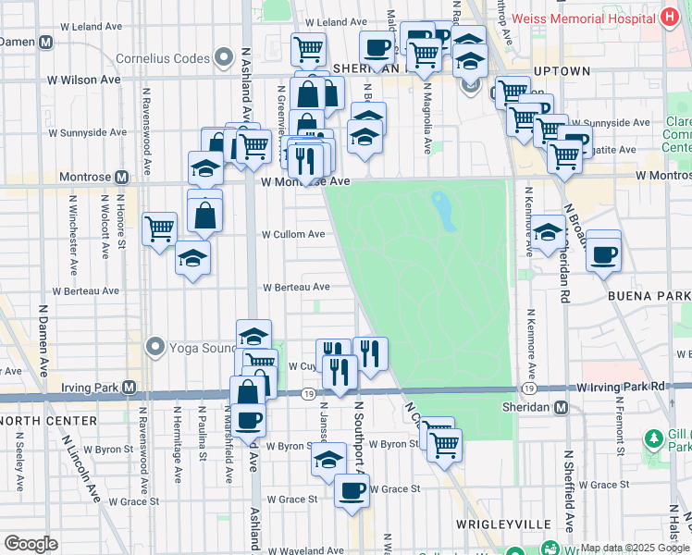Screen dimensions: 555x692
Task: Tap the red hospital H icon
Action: pos(669,18)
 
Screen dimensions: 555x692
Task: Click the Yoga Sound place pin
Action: pos(154,349)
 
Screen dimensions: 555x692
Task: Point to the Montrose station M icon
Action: pos(121,177)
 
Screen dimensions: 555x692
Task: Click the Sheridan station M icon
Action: pos(561,407)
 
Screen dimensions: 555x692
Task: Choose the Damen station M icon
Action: pos(44,41)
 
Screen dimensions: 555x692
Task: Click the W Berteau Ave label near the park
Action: pos(296,288)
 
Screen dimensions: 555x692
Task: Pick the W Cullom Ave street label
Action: pos(293,235)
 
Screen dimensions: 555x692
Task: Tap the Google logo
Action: pos(31,544)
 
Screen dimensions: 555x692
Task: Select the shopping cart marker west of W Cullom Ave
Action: pos(159,228)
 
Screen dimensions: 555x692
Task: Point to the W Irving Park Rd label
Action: pos(621,386)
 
